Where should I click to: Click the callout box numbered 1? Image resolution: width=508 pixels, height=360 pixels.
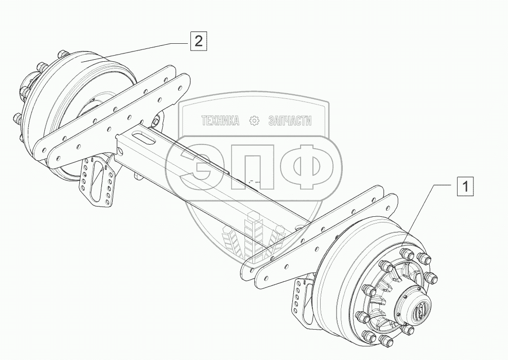pos(465,186)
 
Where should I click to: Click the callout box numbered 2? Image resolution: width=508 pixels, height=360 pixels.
pos(199,40)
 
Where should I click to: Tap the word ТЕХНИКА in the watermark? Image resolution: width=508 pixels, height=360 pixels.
pos(221,121)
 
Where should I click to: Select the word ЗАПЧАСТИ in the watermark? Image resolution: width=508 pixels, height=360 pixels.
pos(290,121)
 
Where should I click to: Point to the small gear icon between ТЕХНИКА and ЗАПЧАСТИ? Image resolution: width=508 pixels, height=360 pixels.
pos(254,121)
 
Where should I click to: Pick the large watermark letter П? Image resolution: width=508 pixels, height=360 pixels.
pos(250,165)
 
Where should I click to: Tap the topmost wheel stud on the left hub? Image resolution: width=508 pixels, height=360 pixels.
pos(62,54)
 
